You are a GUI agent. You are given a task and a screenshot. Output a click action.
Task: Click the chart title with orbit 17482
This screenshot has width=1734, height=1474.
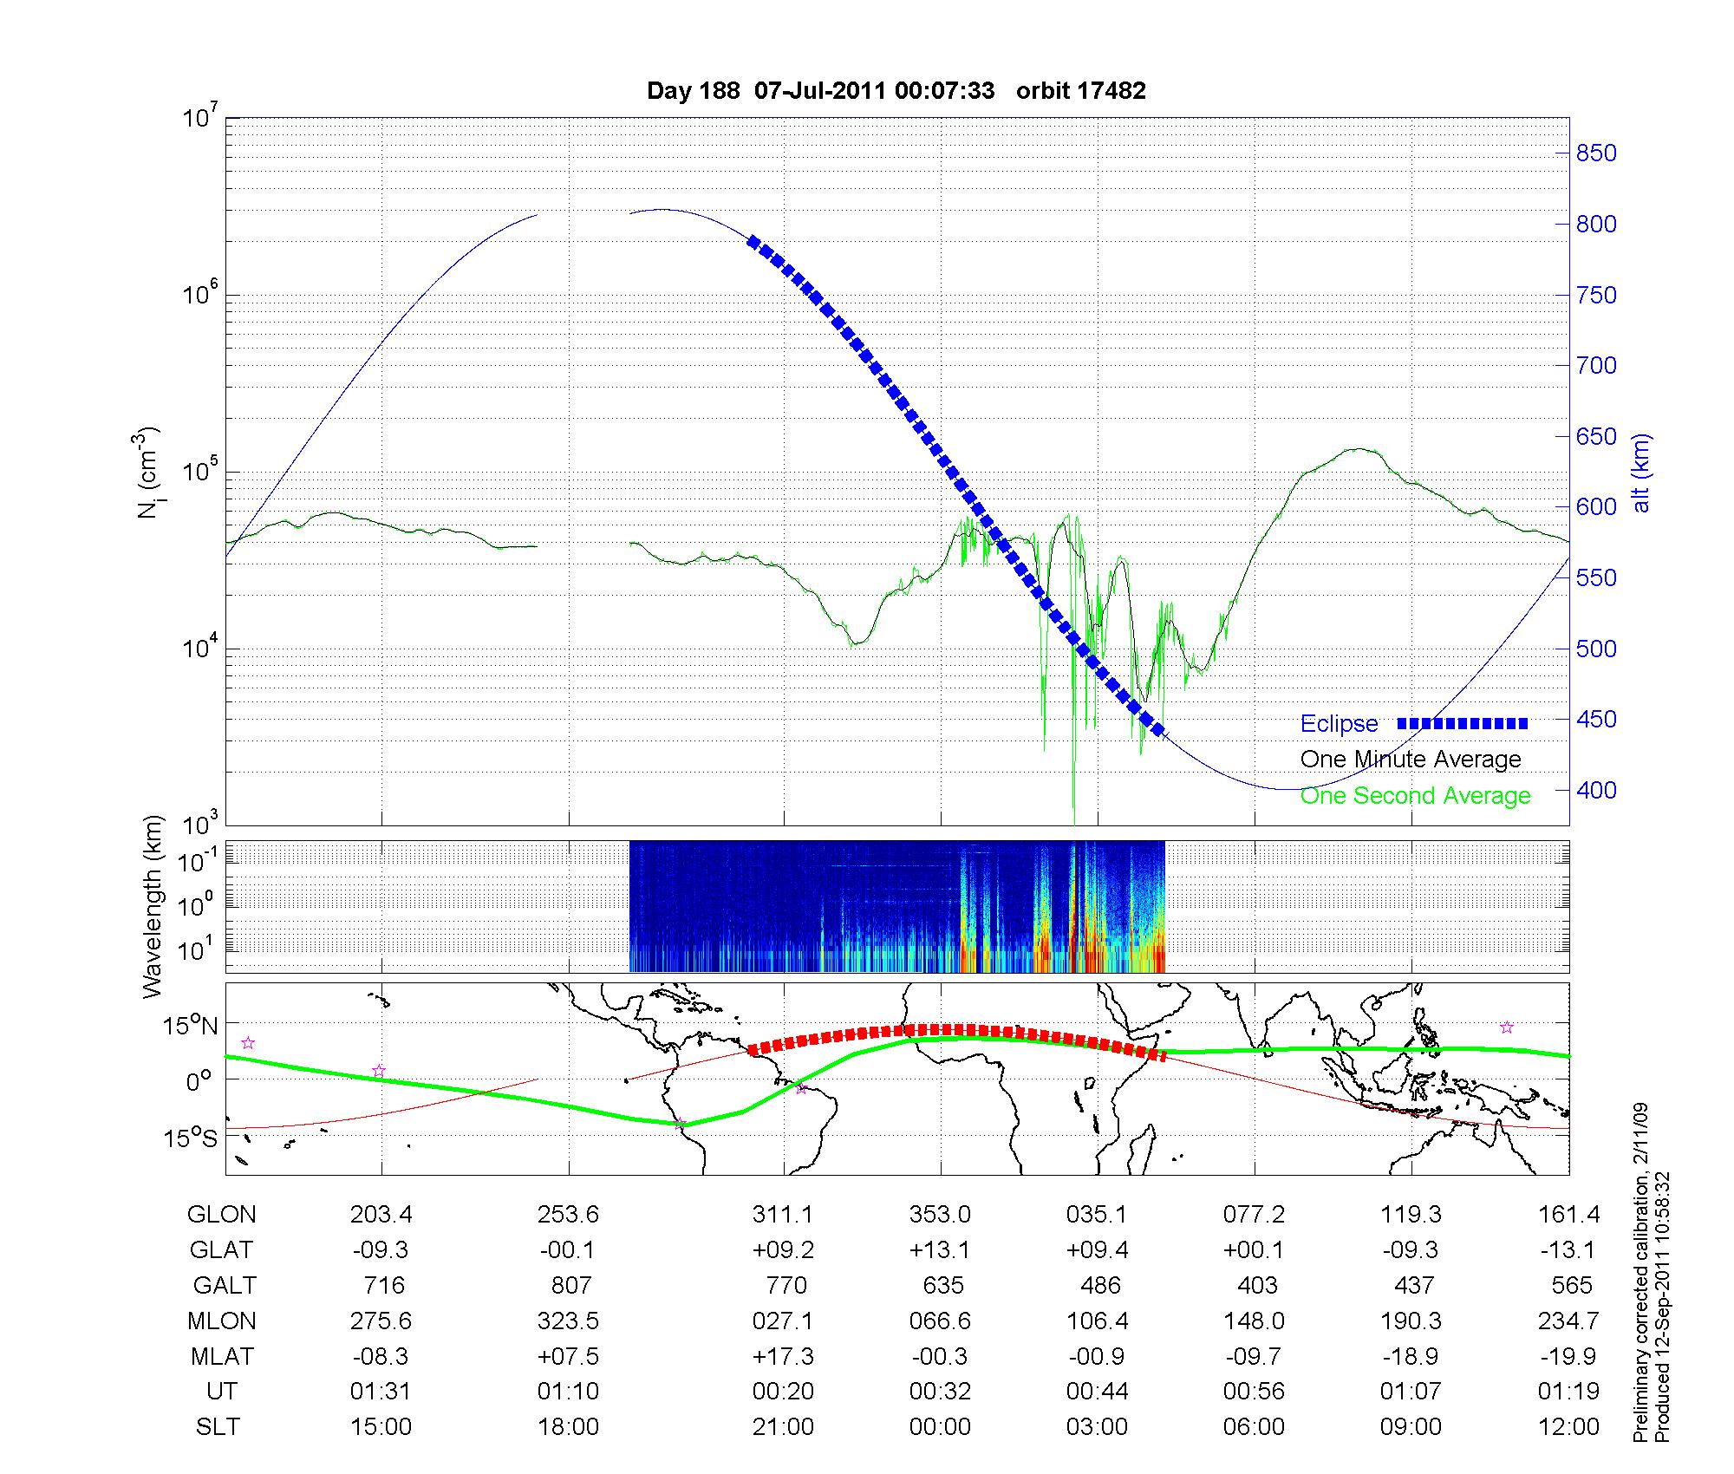pos(896,91)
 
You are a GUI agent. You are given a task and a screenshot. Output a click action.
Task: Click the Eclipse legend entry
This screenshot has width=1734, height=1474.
pos(1339,724)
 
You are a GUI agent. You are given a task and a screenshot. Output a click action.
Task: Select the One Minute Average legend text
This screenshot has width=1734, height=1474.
pos(1411,760)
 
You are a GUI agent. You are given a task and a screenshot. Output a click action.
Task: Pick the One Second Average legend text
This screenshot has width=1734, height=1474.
pos(1415,796)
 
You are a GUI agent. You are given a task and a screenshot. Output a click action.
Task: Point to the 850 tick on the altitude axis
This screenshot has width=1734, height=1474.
pos(1595,153)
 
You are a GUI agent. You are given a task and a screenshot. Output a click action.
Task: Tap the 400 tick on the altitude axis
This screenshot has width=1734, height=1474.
pos(1595,791)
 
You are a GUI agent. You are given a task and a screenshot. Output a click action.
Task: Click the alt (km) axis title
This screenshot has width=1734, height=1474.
pos(1641,473)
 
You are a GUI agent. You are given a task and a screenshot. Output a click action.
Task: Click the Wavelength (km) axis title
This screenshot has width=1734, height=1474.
pos(153,907)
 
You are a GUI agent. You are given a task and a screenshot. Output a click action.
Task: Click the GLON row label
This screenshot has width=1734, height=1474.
pos(221,1215)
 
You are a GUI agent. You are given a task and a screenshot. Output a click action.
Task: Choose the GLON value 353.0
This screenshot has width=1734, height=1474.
pos(940,1215)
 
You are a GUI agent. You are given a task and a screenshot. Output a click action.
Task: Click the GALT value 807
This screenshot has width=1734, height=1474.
pos(570,1285)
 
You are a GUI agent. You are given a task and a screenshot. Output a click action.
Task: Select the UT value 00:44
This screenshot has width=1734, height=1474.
pos(1097,1392)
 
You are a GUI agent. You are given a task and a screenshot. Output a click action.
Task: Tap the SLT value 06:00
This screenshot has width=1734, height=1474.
pos(1254,1427)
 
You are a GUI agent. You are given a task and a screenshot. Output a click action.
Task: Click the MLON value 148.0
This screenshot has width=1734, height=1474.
pos(1254,1321)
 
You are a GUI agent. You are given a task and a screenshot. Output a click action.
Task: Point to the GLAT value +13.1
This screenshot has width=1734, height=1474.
pos(940,1250)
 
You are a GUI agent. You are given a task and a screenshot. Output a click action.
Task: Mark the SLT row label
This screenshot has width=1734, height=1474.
pos(218,1427)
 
